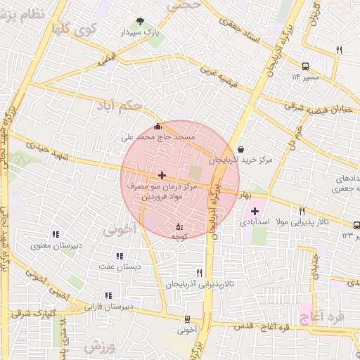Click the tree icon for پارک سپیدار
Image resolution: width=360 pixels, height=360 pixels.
(x=141, y=22)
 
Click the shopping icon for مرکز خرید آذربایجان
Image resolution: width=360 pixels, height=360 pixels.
(x=241, y=149)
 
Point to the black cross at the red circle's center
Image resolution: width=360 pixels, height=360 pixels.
(x=162, y=174)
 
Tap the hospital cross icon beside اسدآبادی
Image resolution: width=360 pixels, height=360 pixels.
(x=254, y=211)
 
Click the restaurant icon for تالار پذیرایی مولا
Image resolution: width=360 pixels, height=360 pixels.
(x=302, y=211)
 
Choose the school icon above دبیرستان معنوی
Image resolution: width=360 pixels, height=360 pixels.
(x=55, y=235)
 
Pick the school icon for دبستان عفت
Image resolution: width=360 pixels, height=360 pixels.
(x=119, y=256)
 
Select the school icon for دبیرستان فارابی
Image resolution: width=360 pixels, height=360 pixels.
(x=108, y=296)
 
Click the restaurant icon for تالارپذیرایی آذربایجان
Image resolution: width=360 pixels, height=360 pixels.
(x=200, y=273)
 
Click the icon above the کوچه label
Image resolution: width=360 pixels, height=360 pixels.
(x=179, y=226)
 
